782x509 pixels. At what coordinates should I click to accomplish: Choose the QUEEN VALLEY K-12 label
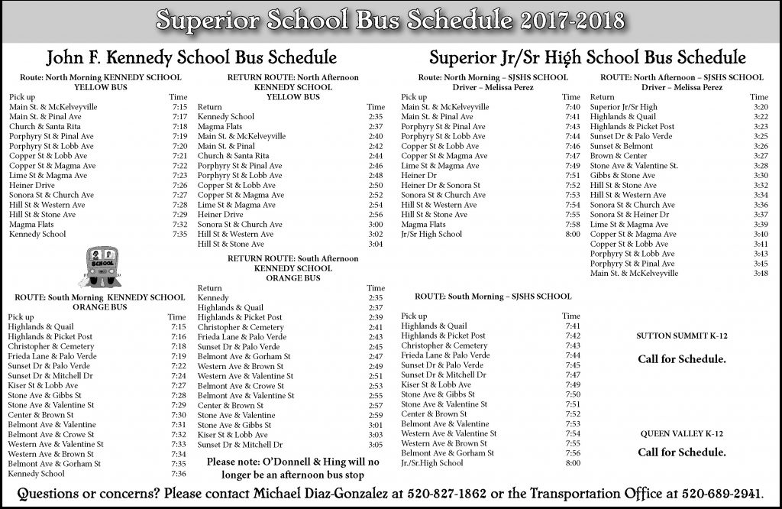[x=681, y=433]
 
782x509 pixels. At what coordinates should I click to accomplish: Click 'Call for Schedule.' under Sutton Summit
[x=681, y=358]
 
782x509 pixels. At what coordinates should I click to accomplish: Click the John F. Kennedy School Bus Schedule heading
[x=192, y=57]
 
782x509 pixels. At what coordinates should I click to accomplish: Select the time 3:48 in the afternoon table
[x=760, y=274]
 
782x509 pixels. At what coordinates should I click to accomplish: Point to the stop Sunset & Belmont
[x=611, y=146]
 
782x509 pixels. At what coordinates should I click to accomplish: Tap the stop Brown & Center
[x=608, y=156]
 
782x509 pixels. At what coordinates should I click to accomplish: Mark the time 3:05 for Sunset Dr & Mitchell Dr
[x=375, y=444]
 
